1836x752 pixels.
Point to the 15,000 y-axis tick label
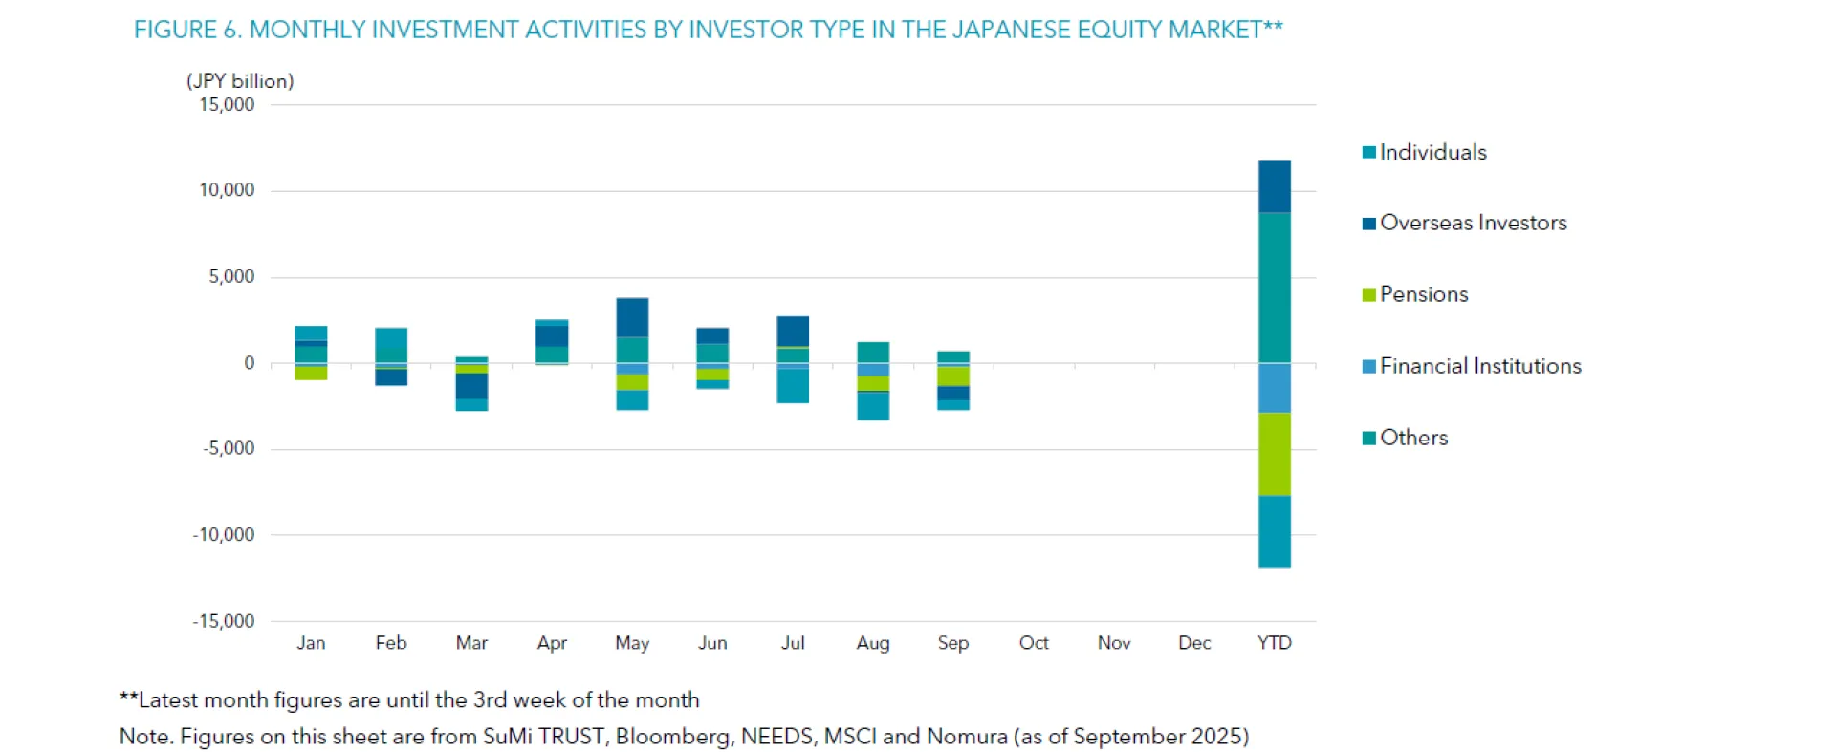227,105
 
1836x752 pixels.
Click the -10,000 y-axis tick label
224,535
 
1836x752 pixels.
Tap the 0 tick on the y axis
250,363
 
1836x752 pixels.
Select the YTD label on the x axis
1274,643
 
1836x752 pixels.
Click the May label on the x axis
632,643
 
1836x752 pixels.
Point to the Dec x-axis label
1194,643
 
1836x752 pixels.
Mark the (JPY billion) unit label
240,81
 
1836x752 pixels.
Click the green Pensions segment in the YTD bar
1274,454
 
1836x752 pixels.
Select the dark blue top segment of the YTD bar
1274,186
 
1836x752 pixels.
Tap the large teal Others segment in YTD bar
1274,287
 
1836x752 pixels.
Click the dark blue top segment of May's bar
632,317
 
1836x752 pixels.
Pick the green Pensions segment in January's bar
311,373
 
